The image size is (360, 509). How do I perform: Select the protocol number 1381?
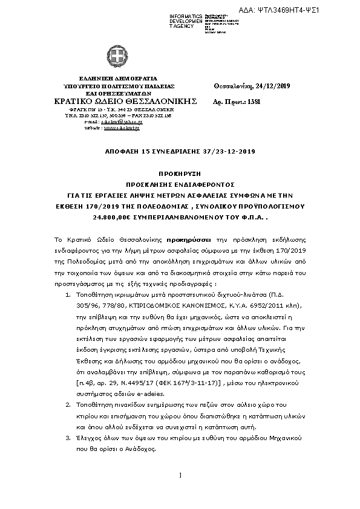click(x=254, y=102)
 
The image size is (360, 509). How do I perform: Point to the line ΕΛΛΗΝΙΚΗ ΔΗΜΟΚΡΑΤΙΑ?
click(x=110, y=78)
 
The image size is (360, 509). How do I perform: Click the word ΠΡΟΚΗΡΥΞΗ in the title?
click(x=180, y=172)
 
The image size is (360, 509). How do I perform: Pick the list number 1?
click(x=67, y=291)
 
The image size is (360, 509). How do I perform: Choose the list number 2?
click(x=67, y=402)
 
